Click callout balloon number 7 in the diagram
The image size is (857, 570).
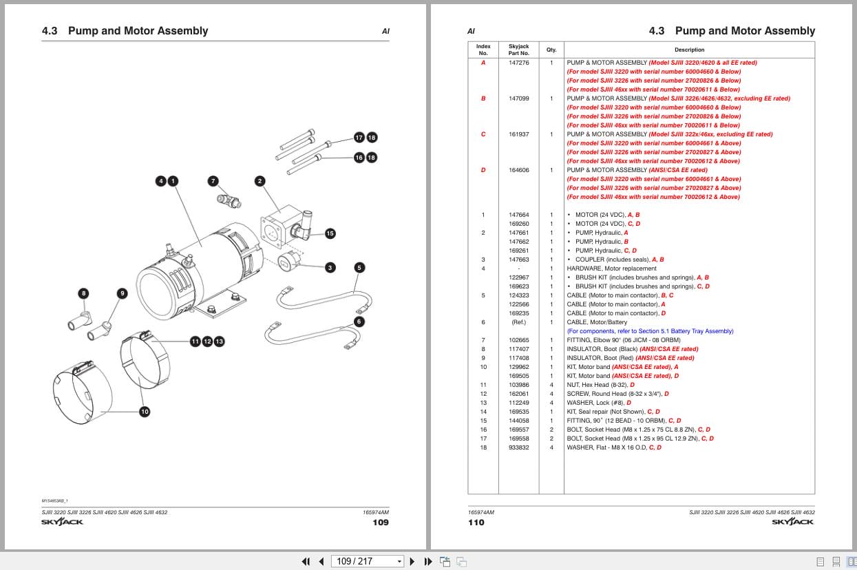[213, 181]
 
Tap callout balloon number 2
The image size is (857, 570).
[260, 181]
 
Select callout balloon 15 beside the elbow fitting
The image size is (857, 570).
[330, 233]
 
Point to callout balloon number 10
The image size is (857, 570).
[145, 412]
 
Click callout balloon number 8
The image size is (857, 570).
[84, 293]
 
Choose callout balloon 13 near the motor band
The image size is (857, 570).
[219, 341]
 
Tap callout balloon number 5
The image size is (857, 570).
[359, 267]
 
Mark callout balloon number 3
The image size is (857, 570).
[330, 267]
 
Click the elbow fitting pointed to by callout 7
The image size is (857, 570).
[229, 201]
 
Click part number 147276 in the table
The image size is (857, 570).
[519, 63]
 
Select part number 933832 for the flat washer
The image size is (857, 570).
[519, 447]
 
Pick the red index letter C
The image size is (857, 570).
[483, 134]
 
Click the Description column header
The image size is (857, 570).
[689, 50]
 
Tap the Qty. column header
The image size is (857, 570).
[551, 50]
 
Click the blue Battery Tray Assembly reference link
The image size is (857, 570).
[650, 331]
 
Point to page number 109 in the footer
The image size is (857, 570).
[381, 522]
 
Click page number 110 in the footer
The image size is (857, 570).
[476, 522]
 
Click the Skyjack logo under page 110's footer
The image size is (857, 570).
[793, 522]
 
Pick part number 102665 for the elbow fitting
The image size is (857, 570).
[519, 340]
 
